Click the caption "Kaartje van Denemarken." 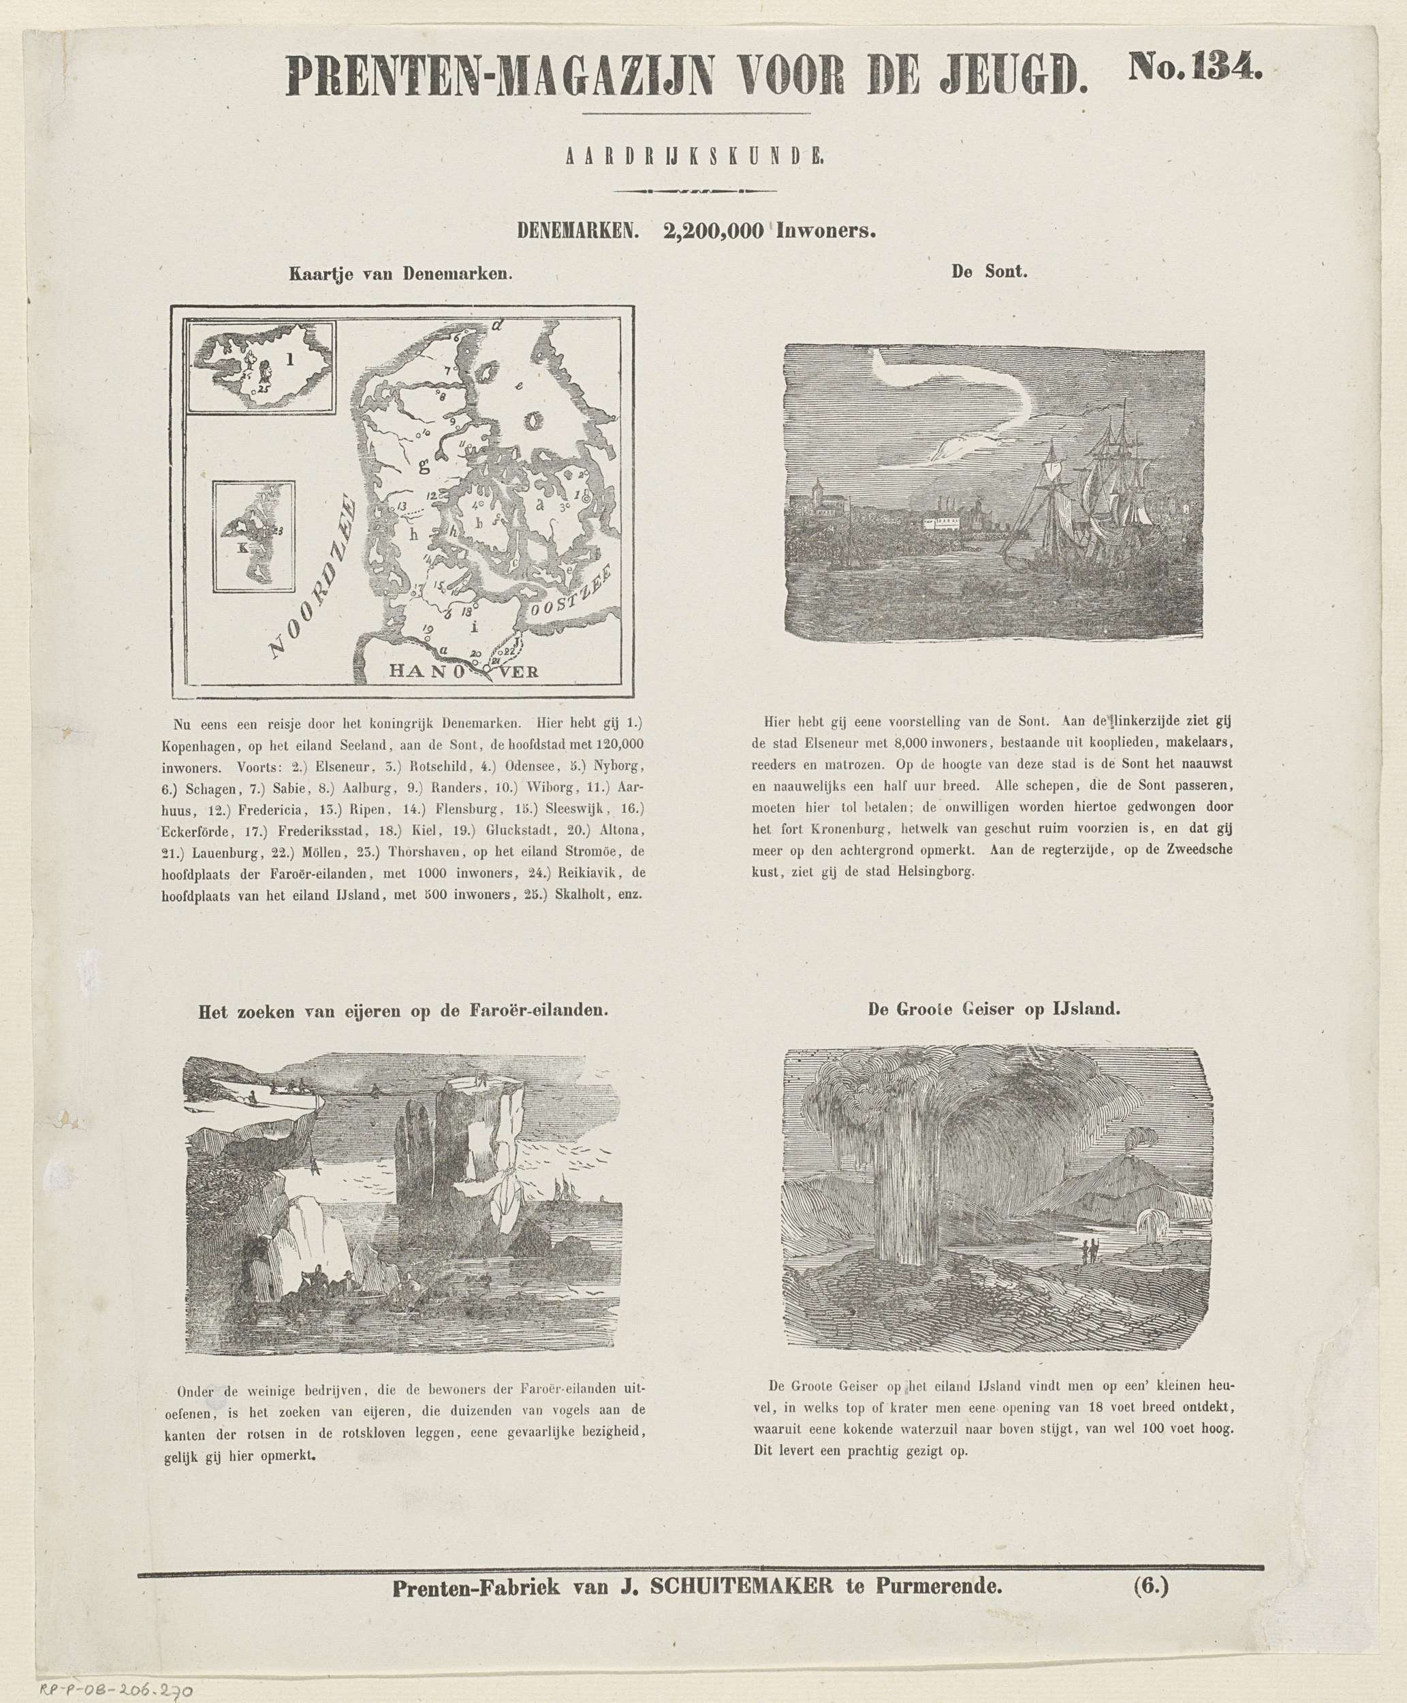coord(401,274)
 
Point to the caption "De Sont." coord(989,272)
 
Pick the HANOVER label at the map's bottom coord(464,671)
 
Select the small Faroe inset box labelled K coord(253,536)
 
